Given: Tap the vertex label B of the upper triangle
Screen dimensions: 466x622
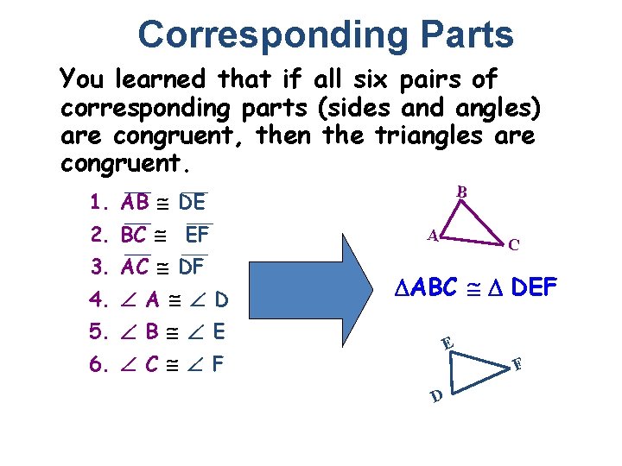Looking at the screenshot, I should (462, 192).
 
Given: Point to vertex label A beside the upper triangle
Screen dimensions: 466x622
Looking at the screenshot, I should (434, 234).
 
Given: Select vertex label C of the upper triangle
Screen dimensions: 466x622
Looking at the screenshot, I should (514, 245).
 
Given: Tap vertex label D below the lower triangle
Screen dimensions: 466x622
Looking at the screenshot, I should (438, 396).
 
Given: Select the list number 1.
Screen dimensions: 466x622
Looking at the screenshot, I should (98, 204).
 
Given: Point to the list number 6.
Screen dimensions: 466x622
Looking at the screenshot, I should (98, 364).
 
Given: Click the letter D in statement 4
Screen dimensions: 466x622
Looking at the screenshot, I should (221, 300).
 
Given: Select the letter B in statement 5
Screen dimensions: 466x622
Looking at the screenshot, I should (152, 332).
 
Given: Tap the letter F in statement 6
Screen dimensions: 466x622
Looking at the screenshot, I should (218, 364).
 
